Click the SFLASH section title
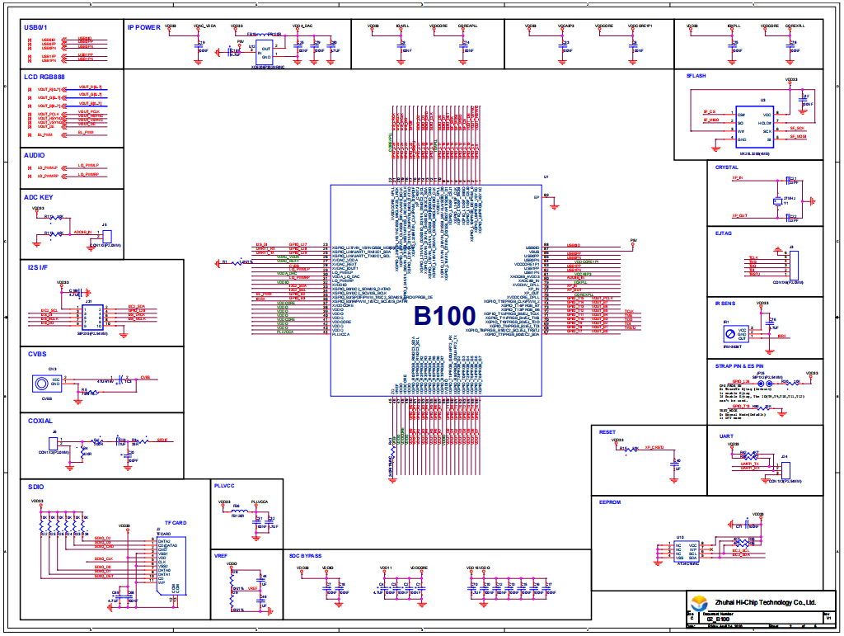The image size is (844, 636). tap(696, 76)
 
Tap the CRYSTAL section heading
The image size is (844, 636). tap(726, 167)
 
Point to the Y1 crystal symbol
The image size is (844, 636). tap(776, 201)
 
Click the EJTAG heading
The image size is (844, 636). tap(723, 233)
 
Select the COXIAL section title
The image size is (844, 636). tap(39, 421)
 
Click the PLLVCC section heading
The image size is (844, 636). tap(225, 486)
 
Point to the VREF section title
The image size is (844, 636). tap(220, 556)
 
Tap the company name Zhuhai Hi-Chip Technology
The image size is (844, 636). tap(766, 602)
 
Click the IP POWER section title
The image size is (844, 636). tap(144, 27)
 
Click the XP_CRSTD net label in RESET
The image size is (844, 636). tap(654, 447)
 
